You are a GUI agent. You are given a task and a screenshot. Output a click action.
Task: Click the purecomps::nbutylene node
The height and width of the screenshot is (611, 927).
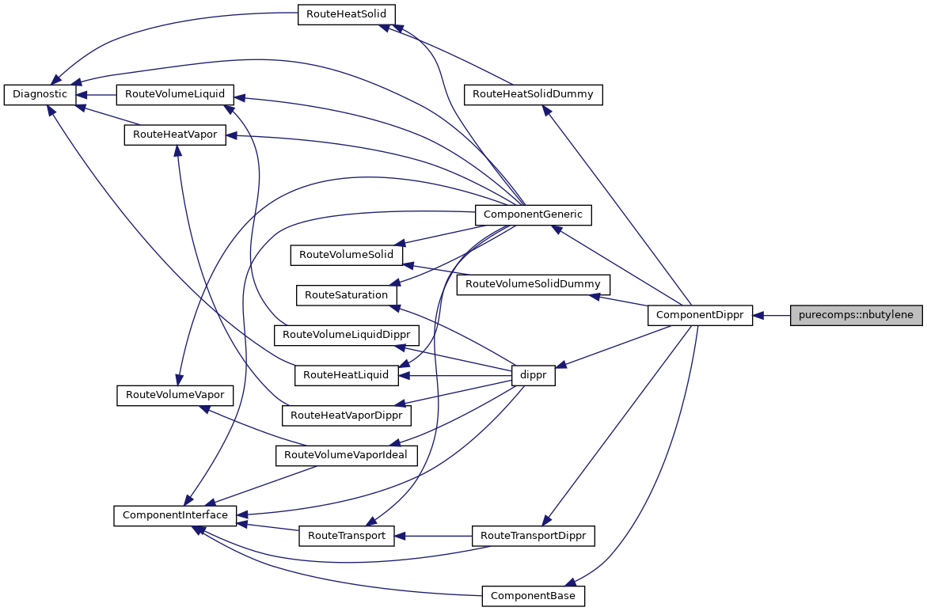(x=856, y=315)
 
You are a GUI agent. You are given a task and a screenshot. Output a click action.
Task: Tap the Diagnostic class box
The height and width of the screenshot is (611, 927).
(x=40, y=94)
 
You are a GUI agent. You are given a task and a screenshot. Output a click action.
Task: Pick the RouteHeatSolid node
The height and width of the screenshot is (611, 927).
(x=346, y=15)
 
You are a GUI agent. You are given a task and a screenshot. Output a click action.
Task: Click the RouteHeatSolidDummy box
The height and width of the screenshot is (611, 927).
(x=533, y=94)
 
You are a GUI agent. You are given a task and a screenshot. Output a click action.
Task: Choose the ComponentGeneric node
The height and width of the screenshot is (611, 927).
(x=533, y=214)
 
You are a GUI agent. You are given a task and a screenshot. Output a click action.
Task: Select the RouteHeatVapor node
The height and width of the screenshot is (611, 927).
(x=175, y=135)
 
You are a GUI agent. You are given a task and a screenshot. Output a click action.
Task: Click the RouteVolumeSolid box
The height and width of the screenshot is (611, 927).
(x=347, y=255)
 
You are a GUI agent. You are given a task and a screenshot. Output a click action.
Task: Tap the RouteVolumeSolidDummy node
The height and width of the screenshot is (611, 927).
(x=533, y=283)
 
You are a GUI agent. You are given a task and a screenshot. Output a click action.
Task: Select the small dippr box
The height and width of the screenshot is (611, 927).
(x=533, y=376)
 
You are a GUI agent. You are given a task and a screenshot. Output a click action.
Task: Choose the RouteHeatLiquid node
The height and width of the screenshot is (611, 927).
(x=346, y=375)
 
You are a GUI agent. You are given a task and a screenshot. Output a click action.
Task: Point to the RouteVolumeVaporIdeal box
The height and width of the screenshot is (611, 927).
(x=346, y=455)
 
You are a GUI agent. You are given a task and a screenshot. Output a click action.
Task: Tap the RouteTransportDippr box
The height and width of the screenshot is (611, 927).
(x=533, y=536)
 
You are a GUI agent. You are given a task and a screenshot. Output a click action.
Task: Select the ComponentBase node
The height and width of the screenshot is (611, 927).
(x=533, y=595)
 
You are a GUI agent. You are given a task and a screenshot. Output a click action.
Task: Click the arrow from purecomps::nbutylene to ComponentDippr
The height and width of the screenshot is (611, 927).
(x=771, y=315)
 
